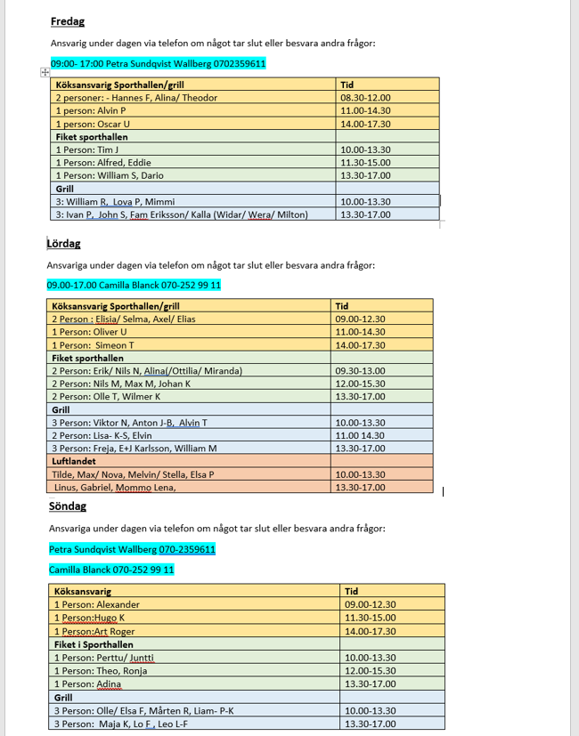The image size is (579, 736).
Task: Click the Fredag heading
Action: (x=68, y=21)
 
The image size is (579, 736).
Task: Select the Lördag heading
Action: (x=63, y=243)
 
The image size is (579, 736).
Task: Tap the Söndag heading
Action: (x=69, y=506)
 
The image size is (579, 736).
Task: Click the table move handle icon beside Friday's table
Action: (x=45, y=72)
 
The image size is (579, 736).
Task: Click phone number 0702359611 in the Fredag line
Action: (x=240, y=64)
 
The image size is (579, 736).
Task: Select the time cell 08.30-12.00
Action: (x=366, y=98)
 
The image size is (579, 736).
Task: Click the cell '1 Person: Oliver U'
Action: (x=89, y=332)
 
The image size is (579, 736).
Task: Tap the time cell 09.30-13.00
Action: (x=361, y=371)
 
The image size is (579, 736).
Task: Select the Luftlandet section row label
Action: (x=77, y=462)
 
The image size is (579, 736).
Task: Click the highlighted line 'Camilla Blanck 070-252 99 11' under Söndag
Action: (x=111, y=570)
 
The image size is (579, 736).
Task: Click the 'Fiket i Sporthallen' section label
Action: (x=94, y=644)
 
